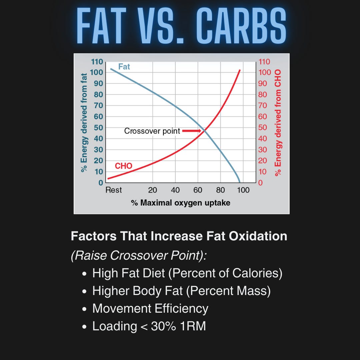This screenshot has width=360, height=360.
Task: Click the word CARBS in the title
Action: coord(241,26)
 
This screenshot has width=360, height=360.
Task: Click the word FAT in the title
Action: coord(101,26)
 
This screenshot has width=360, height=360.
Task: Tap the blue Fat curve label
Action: coord(124,67)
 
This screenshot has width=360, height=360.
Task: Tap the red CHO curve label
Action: coord(124,166)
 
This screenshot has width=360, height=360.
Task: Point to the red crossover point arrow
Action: coord(192,131)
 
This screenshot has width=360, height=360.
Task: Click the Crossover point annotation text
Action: coord(152,131)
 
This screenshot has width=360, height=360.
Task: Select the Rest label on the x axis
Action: coord(113,190)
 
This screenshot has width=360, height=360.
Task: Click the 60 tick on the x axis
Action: coord(198,190)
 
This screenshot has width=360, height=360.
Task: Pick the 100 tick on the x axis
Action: coord(243,190)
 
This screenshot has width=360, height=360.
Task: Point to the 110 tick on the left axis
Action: coord(97,62)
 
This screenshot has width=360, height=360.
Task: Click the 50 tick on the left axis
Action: coord(98,128)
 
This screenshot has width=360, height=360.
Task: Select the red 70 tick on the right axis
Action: coord(262,106)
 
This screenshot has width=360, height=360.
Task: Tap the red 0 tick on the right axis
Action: coord(260,183)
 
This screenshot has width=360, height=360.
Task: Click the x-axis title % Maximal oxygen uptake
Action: coord(180,203)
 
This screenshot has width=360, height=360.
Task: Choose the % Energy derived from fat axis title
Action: coord(84,123)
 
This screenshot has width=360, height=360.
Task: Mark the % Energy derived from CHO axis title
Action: coord(278,123)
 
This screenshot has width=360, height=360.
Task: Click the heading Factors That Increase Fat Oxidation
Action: coord(179,236)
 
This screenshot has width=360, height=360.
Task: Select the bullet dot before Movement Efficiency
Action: coord(84,309)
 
